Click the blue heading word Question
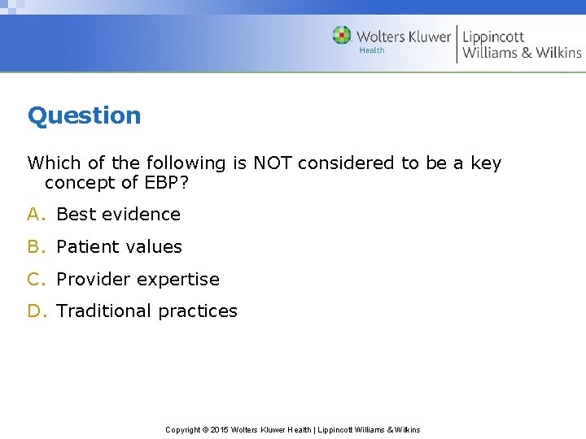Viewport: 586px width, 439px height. (84, 115)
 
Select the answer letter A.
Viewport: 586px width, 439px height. (33, 215)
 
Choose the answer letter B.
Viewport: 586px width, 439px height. (33, 247)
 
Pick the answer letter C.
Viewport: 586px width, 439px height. (33, 280)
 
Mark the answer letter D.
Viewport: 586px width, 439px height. (34, 311)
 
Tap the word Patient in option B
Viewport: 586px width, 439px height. (85, 247)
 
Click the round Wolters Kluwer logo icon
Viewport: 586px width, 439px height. (342, 36)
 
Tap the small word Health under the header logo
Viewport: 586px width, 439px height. (372, 50)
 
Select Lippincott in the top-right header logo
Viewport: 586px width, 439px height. (493, 37)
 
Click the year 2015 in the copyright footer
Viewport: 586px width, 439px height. (220, 429)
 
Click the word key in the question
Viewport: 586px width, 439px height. (486, 163)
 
